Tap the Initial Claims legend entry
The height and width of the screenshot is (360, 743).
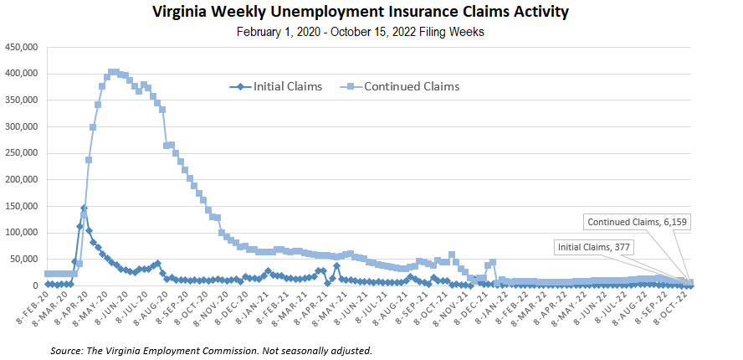277,86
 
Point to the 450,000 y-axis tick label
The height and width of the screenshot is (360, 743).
21,47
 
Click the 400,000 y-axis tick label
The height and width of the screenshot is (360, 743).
21,74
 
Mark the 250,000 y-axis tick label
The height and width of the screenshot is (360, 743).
21,153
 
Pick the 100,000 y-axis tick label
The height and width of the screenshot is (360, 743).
21,233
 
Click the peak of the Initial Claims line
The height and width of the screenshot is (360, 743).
85,208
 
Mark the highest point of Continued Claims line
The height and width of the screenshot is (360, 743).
113,72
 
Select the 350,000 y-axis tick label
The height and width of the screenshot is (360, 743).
21,100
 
